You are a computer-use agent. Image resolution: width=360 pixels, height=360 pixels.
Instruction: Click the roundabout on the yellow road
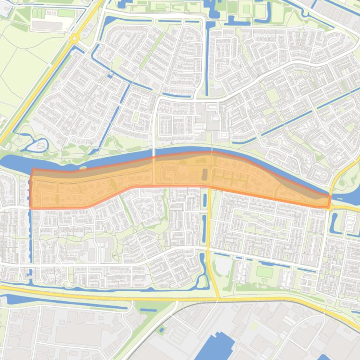pos(74,40)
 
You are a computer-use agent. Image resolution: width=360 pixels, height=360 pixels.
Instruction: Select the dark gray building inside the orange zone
pos(204,175)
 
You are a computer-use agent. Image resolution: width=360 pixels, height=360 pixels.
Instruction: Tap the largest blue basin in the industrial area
pos(215,346)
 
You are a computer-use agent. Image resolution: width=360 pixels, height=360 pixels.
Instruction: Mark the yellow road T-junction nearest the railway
pos(218,298)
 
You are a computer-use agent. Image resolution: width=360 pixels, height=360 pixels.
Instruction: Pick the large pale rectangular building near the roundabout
pos(47,26)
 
